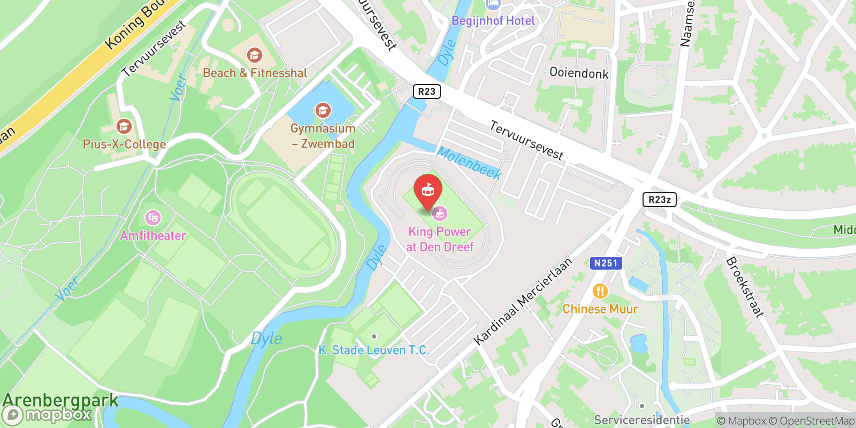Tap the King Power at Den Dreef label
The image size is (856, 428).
(440, 239)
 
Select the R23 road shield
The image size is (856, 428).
(426, 91)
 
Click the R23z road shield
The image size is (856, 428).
(659, 200)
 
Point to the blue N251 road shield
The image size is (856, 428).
(606, 263)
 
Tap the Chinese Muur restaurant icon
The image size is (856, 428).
(600, 291)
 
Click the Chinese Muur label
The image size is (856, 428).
(600, 309)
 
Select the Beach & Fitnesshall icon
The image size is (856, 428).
(254, 55)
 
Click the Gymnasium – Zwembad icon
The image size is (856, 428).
(323, 111)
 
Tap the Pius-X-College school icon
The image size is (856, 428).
(124, 127)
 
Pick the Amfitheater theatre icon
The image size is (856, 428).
(153, 218)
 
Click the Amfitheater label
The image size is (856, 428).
(153, 235)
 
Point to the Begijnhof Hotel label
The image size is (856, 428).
(493, 21)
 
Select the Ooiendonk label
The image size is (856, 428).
(579, 73)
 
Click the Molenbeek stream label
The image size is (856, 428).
(469, 163)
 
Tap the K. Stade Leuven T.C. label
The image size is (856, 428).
(374, 350)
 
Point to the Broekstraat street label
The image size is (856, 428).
(744, 287)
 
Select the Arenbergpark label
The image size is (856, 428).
(60, 400)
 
